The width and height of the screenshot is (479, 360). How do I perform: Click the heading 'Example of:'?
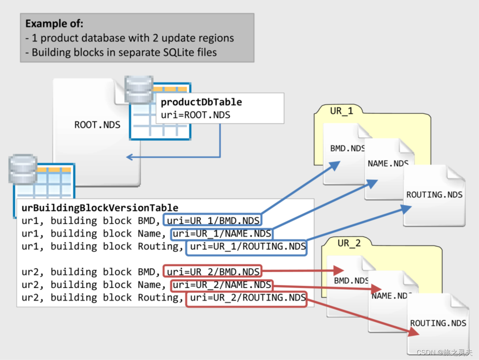(54, 23)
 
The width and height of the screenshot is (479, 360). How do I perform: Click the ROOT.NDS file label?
(97, 125)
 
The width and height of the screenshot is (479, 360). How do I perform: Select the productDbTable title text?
(201, 102)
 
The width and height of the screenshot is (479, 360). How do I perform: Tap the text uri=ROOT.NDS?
(195, 115)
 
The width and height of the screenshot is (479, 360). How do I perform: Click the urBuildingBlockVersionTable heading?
(100, 208)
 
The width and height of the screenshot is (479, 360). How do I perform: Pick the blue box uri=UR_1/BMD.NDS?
(213, 220)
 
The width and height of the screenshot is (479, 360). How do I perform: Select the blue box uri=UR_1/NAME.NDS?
(221, 234)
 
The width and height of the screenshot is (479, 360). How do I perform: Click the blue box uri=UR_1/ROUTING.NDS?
(246, 247)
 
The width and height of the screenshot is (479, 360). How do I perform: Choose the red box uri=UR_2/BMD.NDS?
(213, 271)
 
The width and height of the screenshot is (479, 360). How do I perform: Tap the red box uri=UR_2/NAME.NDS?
(221, 284)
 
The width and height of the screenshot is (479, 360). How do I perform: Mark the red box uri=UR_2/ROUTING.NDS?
(246, 298)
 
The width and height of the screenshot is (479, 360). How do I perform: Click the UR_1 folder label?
(341, 111)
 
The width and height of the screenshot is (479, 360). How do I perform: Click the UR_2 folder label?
(349, 243)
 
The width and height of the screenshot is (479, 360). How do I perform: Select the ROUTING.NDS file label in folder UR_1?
(434, 195)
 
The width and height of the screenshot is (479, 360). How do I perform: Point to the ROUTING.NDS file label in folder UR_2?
(438, 323)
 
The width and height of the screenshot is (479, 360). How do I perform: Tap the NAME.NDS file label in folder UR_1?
(388, 163)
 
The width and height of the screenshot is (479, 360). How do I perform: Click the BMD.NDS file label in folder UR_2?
(351, 281)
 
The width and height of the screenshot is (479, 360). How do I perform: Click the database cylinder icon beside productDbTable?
(139, 90)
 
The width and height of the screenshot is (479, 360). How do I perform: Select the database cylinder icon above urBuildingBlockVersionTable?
(23, 168)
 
